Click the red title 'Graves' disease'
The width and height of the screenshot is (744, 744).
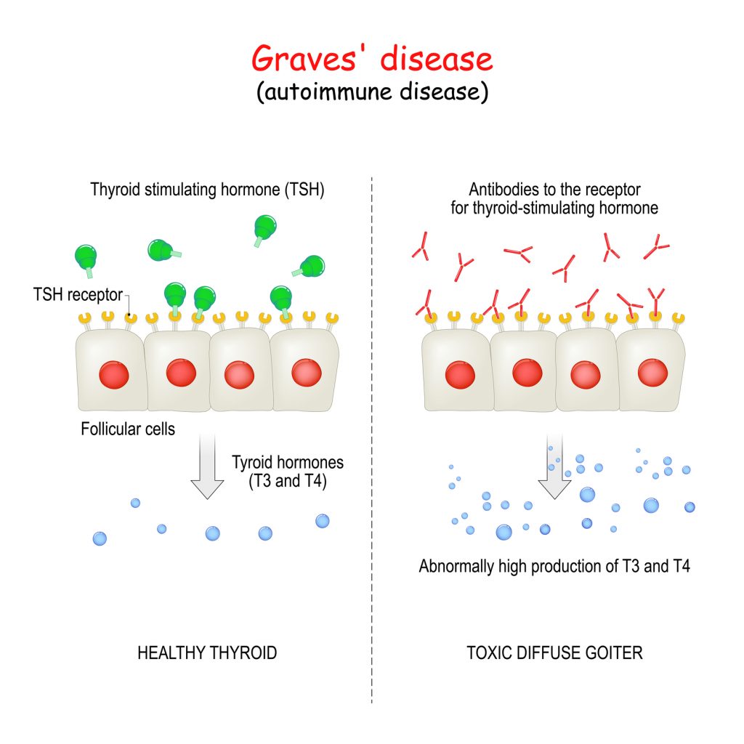point(372,59)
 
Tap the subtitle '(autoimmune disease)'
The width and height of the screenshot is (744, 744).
point(373,92)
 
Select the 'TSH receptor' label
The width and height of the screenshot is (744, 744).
point(78,295)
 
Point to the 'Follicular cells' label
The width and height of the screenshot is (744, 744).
point(128,429)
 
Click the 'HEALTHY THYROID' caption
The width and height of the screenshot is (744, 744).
point(207,653)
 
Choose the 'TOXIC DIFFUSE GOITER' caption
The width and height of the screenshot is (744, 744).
point(554,653)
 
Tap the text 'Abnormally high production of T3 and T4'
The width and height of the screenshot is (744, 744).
point(554,566)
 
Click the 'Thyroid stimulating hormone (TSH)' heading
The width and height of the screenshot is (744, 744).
point(207,190)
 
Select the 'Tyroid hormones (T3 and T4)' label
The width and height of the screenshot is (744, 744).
point(288,472)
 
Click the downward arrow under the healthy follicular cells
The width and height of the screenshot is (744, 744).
point(207,466)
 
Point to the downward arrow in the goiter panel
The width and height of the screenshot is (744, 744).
point(554,466)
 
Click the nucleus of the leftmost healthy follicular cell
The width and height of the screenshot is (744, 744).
point(114,375)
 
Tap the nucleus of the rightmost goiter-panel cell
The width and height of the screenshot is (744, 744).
point(653,373)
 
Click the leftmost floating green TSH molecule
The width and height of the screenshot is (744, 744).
point(86,259)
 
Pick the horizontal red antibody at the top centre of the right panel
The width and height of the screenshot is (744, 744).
point(519,253)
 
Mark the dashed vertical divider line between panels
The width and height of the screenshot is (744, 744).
point(372,440)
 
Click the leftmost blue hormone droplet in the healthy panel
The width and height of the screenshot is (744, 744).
point(100,538)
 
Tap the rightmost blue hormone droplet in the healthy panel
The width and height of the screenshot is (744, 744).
point(322,521)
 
